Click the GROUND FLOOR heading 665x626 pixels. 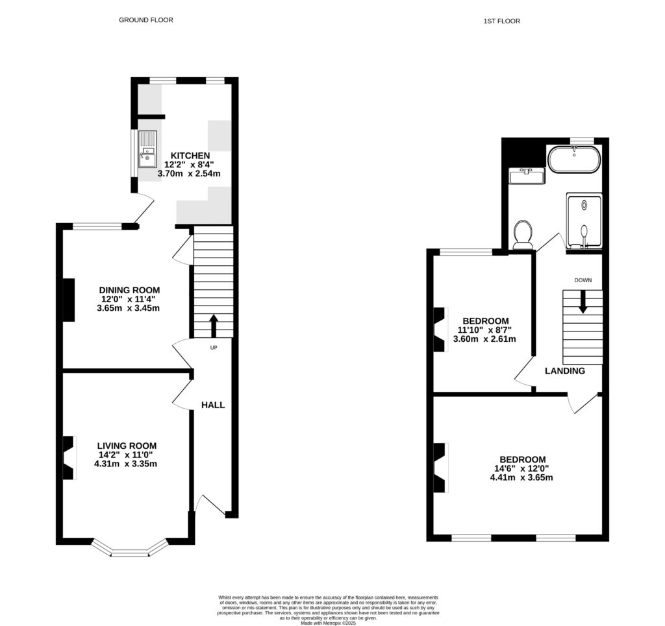click(x=145, y=20)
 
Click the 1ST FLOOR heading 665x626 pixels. click(x=501, y=21)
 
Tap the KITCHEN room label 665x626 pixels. click(x=190, y=156)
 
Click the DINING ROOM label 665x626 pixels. click(x=129, y=290)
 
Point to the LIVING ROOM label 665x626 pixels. click(x=127, y=446)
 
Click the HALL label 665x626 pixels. click(x=213, y=405)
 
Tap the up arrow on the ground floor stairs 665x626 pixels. click(x=214, y=325)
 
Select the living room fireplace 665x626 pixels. click(x=68, y=458)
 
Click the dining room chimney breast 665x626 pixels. click(x=68, y=299)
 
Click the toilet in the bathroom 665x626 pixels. click(x=523, y=235)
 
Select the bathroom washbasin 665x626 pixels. click(x=527, y=175)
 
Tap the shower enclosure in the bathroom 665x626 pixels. click(x=585, y=221)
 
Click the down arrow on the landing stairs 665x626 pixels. click(x=583, y=301)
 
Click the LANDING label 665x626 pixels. click(x=564, y=371)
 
